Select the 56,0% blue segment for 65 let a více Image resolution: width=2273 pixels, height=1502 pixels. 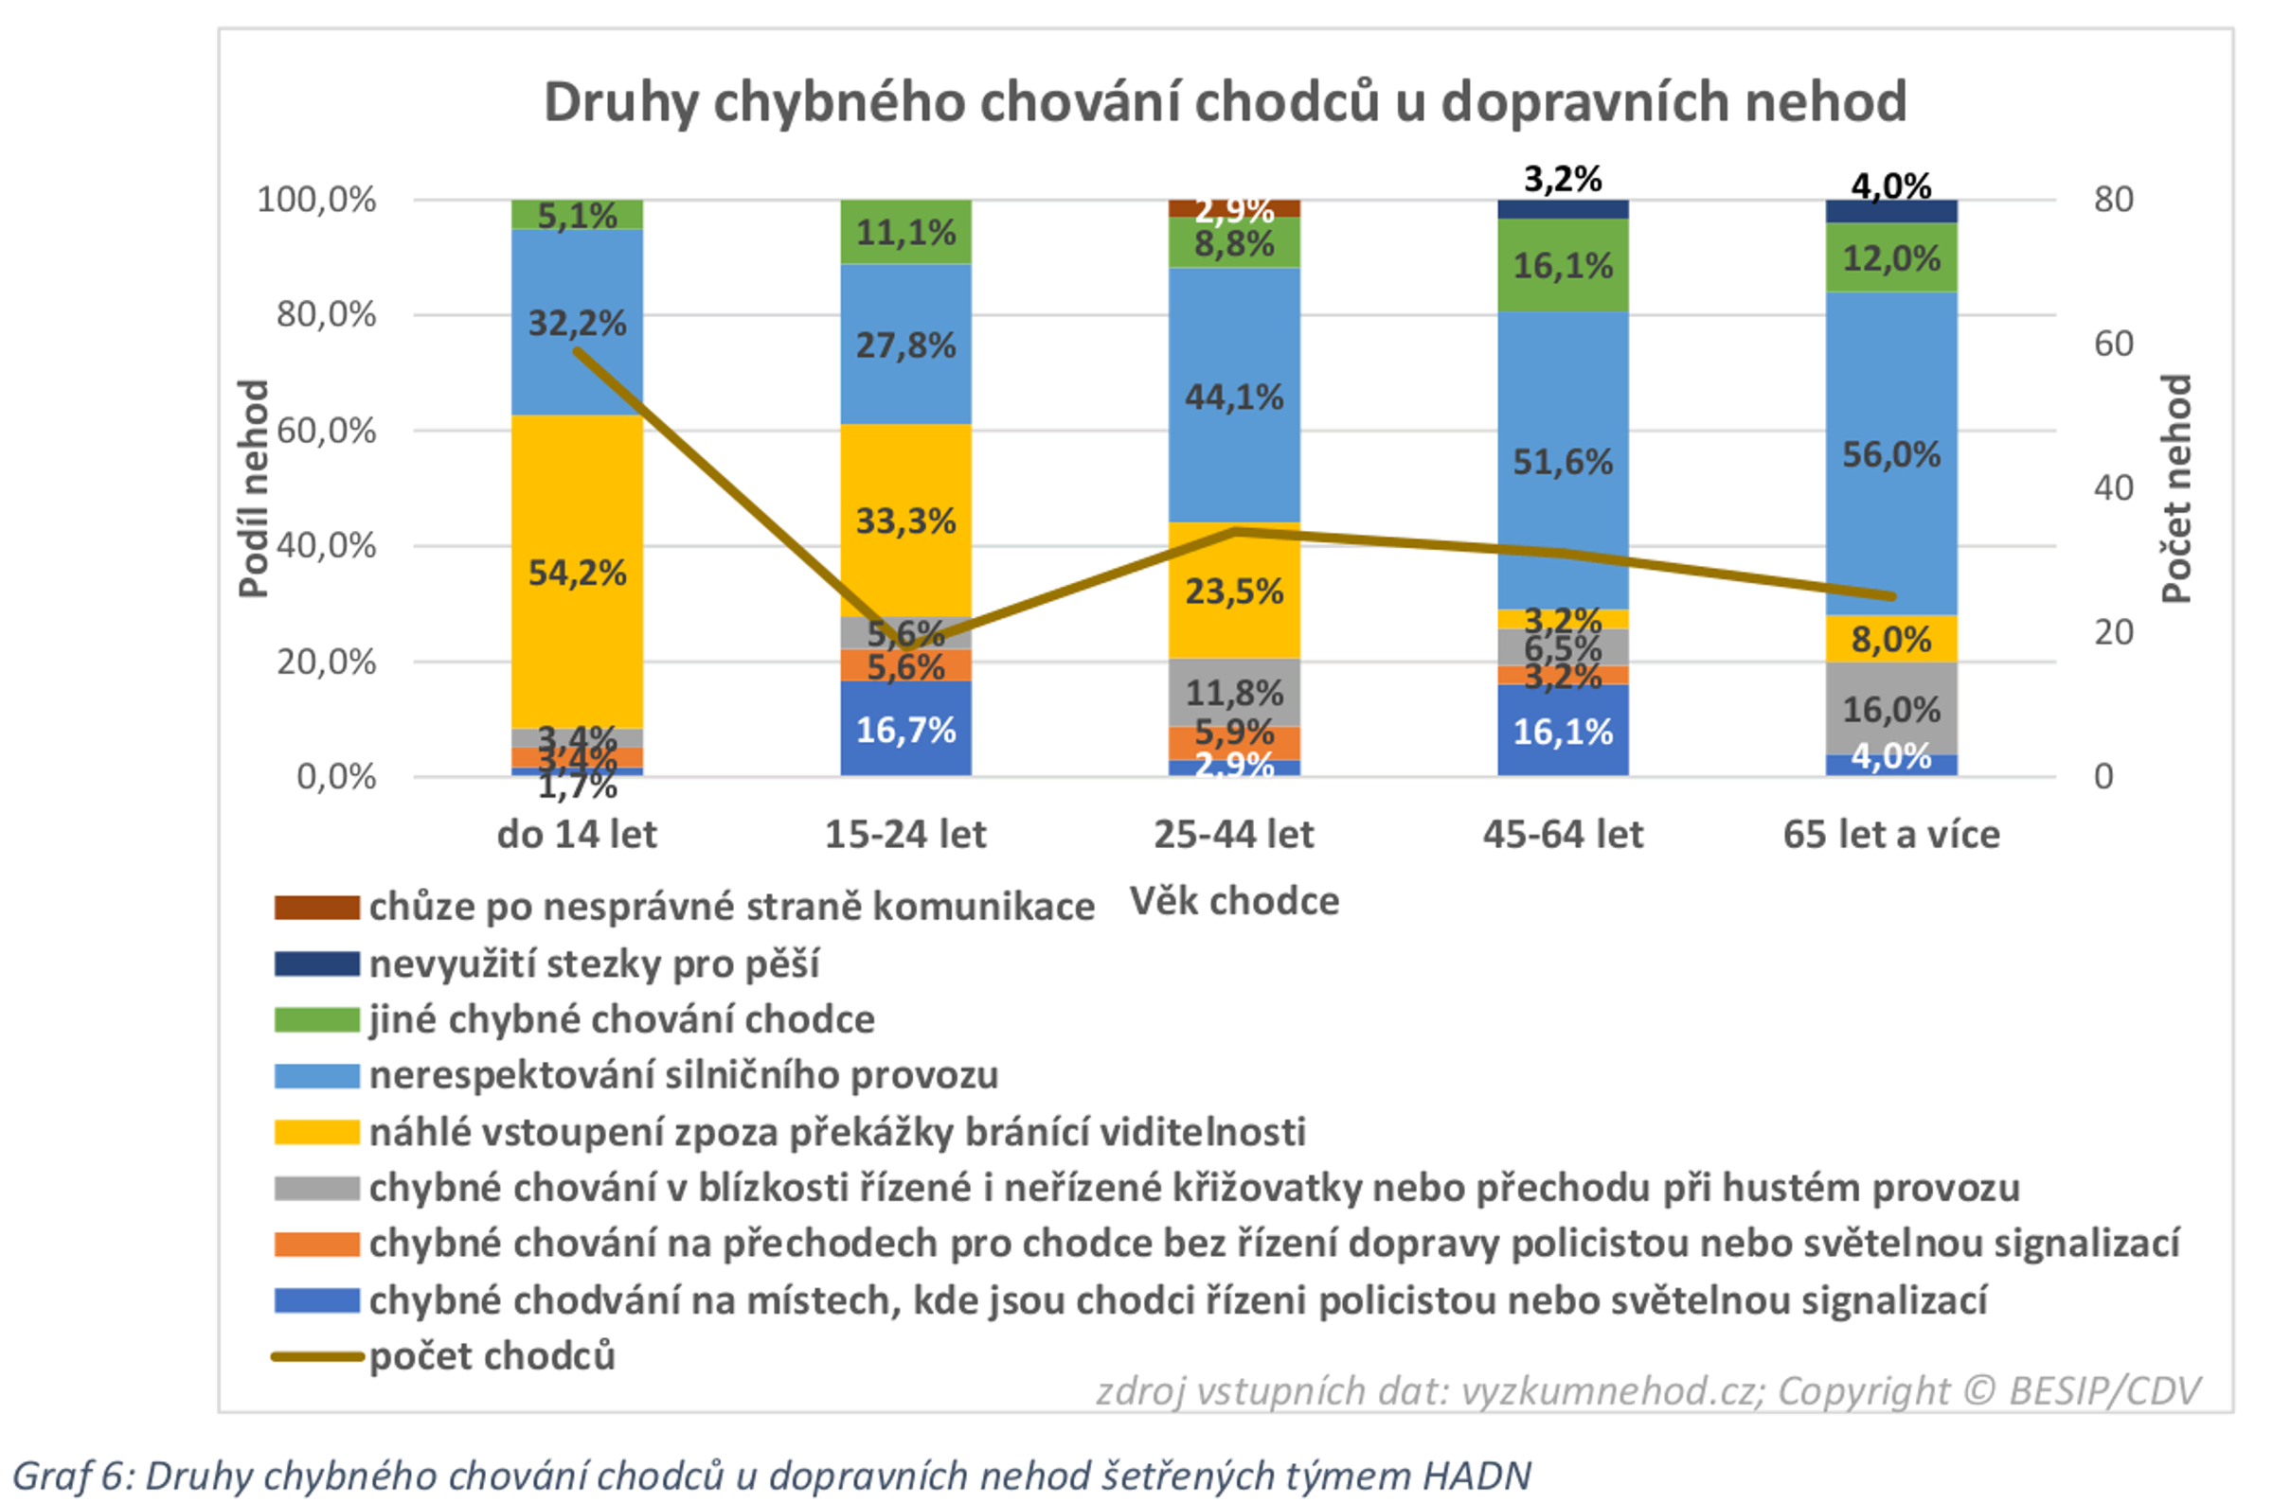[1890, 453]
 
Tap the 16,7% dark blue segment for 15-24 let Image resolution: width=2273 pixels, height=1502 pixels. [905, 729]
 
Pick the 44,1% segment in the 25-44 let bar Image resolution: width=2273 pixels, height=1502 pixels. [1234, 396]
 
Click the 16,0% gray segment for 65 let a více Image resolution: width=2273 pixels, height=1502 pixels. [1890, 708]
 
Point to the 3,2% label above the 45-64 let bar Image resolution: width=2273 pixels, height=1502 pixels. [1562, 178]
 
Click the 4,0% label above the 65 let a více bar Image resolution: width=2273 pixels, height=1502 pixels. [1890, 184]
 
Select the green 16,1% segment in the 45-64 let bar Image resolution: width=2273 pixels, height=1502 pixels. [1562, 264]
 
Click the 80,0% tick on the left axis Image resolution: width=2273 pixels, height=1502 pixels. [326, 314]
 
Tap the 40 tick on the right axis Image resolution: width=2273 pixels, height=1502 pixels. [2113, 487]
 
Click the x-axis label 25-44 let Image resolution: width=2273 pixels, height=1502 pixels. [1233, 834]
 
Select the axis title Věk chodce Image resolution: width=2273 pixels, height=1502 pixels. [1234, 900]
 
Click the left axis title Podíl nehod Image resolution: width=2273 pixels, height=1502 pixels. [253, 488]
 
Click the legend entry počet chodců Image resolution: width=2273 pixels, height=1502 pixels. [492, 1355]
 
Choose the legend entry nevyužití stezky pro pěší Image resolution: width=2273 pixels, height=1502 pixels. [594, 963]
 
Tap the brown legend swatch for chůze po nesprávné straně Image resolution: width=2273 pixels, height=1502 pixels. [316, 906]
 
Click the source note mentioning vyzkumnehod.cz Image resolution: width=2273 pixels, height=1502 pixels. [1648, 1390]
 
